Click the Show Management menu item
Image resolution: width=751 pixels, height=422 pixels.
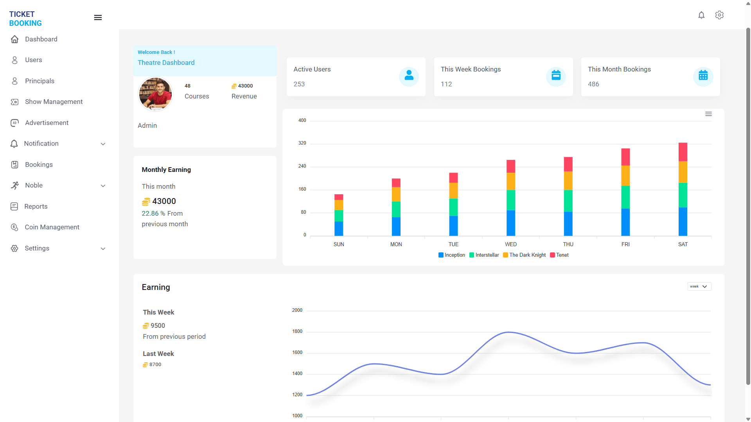[54, 102]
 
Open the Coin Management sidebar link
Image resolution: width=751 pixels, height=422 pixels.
[52, 227]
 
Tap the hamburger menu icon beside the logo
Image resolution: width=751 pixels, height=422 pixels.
[98, 18]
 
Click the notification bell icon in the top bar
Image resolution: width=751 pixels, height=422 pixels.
[701, 15]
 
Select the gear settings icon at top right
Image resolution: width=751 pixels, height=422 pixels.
[719, 15]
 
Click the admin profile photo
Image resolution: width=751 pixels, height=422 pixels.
[155, 94]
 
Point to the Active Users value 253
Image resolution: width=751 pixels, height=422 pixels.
[299, 84]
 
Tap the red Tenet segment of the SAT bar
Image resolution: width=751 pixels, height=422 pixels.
[683, 152]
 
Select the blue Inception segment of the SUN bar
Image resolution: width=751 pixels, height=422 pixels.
[339, 229]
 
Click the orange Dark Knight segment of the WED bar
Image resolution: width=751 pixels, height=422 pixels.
[510, 181]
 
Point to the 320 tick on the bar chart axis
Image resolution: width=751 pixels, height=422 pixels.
[302, 143]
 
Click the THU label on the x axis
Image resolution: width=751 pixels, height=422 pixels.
[568, 244]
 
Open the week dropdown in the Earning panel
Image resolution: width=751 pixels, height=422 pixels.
[699, 286]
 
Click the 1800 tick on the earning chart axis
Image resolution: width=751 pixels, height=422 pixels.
[297, 331]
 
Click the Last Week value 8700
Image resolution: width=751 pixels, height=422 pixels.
[155, 365]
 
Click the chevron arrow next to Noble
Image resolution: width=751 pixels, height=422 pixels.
[103, 186]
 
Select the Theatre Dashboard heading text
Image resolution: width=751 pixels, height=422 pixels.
[166, 63]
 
